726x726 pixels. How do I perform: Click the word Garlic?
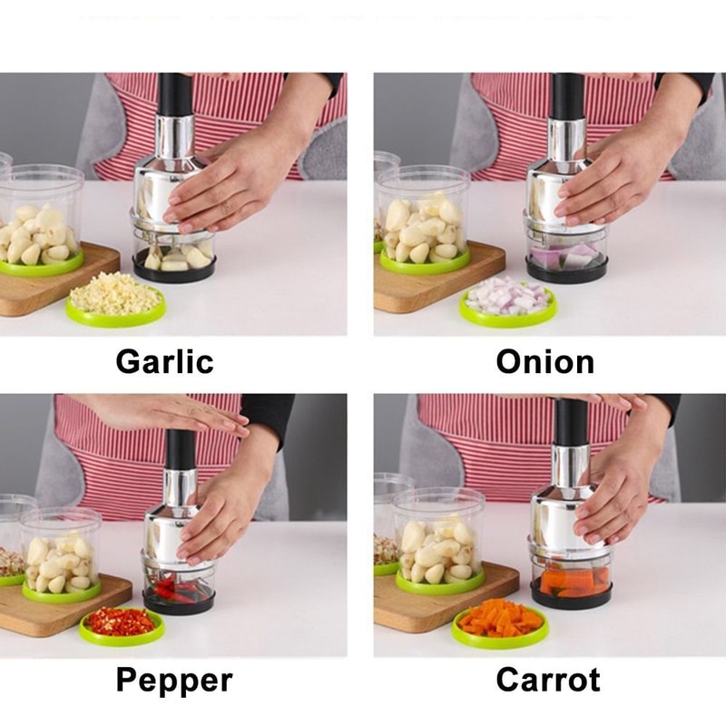pyautogui.click(x=164, y=361)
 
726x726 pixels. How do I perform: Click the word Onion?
pyautogui.click(x=544, y=361)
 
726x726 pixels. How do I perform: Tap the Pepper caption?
pyautogui.click(x=174, y=680)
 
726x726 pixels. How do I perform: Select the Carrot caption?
pyautogui.click(x=548, y=680)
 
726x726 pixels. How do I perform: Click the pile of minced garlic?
pyautogui.click(x=115, y=295)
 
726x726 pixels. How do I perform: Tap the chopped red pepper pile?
pyautogui.click(x=121, y=622)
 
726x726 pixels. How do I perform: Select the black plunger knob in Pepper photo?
pyautogui.click(x=180, y=450)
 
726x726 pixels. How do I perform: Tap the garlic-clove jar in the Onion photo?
pyautogui.click(x=423, y=222)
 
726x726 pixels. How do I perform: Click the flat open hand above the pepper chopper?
pyautogui.click(x=172, y=412)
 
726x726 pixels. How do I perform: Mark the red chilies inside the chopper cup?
pyautogui.click(x=177, y=589)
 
